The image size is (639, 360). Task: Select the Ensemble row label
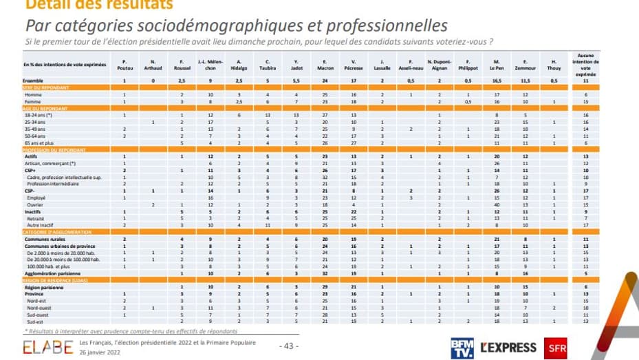tap(34, 81)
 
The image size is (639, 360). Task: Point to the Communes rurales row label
tap(43, 239)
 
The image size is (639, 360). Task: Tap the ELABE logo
tap(47, 346)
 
